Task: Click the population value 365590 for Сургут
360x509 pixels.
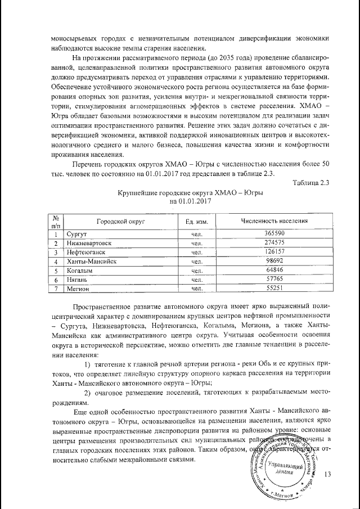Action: click(x=274, y=233)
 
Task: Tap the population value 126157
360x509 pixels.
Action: click(x=274, y=252)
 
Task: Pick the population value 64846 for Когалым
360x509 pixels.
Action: click(x=274, y=271)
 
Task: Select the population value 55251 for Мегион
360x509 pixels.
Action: click(x=274, y=289)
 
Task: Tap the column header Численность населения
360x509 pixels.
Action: click(x=274, y=221)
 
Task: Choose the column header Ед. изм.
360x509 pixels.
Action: click(x=197, y=222)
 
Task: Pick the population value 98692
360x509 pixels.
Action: click(x=274, y=262)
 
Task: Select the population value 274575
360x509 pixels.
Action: click(x=274, y=243)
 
